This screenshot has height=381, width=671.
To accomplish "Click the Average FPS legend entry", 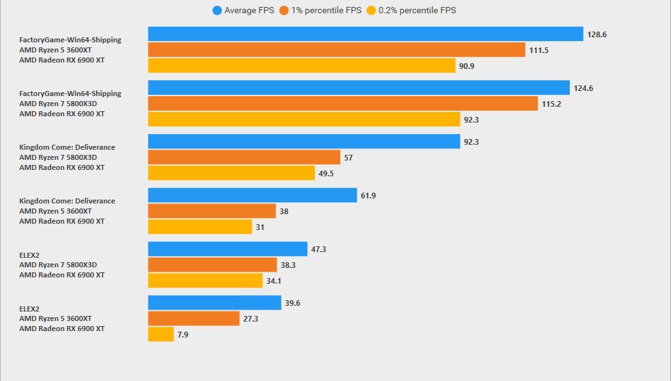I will point(244,10).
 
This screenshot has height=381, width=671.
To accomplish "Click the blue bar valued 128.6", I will point(366,34).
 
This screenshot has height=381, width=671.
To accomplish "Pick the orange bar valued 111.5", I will point(336,50).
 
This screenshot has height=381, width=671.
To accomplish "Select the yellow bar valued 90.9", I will point(302,66).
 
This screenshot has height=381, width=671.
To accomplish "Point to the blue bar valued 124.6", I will point(359,88).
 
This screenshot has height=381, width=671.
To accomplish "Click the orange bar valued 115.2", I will point(343,104).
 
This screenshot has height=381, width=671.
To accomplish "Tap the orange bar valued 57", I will point(244,157).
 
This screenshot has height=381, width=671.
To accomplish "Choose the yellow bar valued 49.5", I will point(231,173).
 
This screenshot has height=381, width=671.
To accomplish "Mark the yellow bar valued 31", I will point(200,227).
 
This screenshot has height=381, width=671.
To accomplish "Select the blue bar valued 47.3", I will point(228,249).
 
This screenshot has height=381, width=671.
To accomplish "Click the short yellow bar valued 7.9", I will point(161,334).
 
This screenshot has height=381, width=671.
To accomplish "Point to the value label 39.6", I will point(292,303).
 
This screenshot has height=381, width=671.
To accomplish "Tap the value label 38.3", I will point(288,265).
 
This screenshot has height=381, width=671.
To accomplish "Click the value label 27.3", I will point(250,319).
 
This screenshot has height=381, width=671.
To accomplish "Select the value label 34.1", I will point(274,281).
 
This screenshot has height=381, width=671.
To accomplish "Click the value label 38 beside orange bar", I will point(284,212).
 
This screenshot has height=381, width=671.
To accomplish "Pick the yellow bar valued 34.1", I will point(206,281).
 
